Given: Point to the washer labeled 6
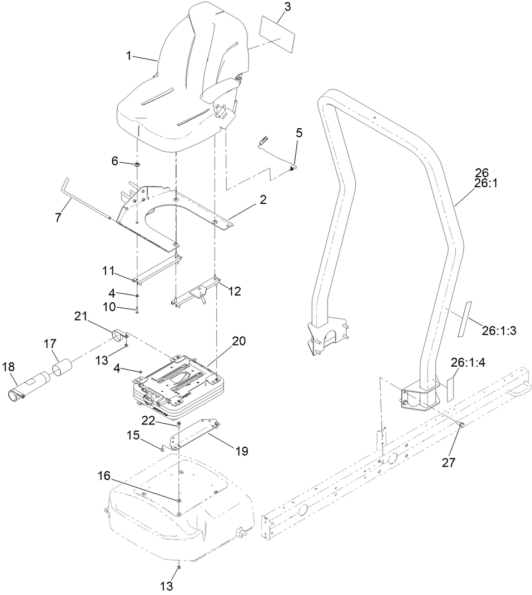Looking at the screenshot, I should pyautogui.click(x=136, y=164).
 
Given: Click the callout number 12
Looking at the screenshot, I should pyautogui.click(x=235, y=291).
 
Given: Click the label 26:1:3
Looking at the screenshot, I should pyautogui.click(x=499, y=331).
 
